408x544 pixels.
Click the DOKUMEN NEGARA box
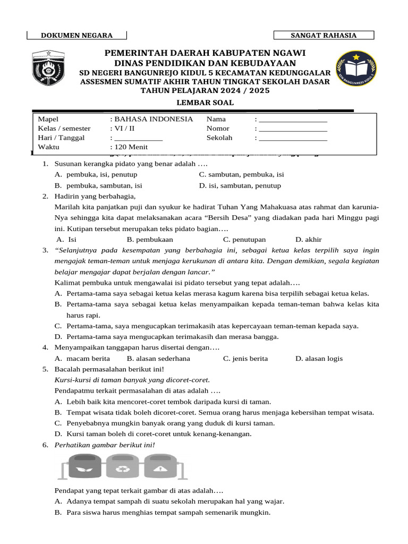click(x=76, y=36)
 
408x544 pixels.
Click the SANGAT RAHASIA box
click(x=324, y=36)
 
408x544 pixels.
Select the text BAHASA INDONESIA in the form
click(x=154, y=119)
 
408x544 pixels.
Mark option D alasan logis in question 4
click(x=319, y=359)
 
